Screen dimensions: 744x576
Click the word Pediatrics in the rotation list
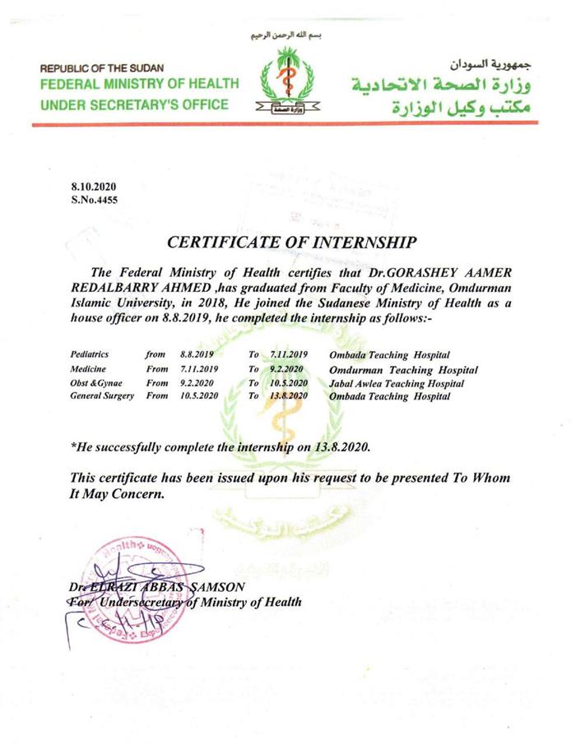point(90,354)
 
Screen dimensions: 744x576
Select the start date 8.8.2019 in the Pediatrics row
point(194,354)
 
